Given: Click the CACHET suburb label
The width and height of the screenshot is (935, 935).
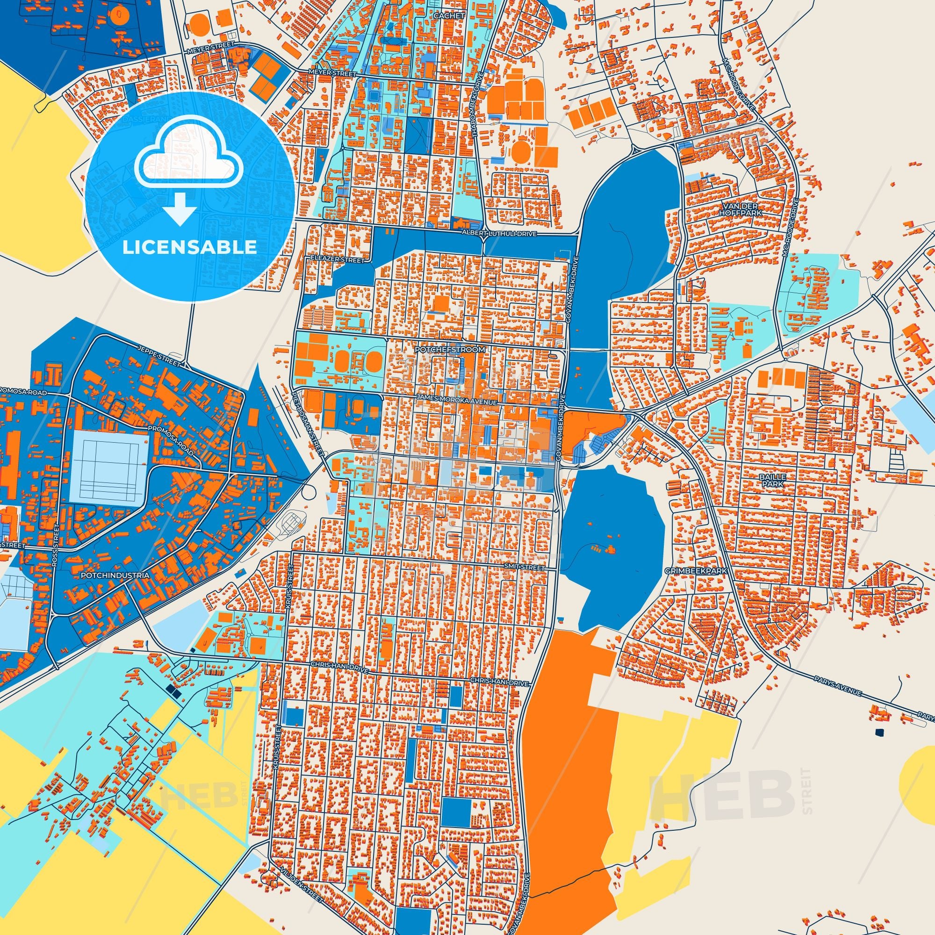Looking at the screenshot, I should coord(449,15).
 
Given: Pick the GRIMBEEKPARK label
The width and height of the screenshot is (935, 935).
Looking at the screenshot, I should coord(696,571).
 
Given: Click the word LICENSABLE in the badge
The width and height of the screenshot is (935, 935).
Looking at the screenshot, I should coord(189,247).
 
